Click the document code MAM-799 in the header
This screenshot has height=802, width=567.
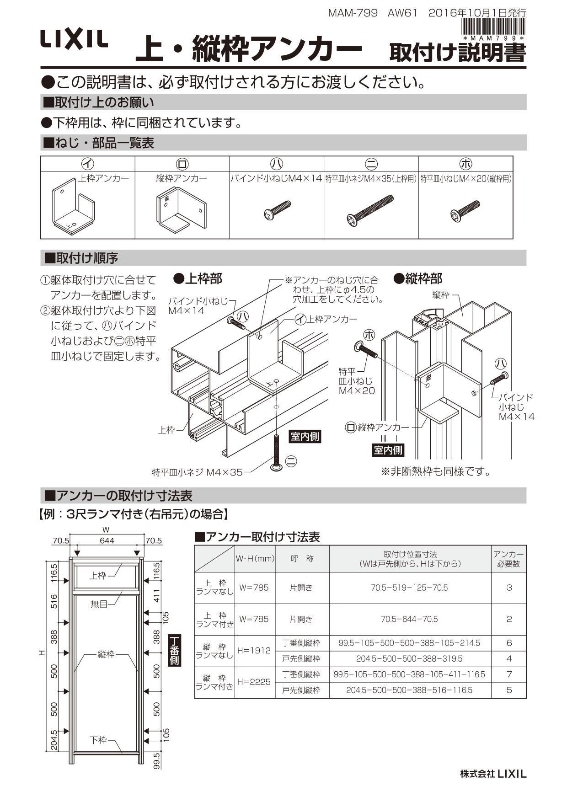[x=353, y=13]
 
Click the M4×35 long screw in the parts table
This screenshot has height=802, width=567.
[x=370, y=212]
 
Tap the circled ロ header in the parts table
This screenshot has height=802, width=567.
[x=182, y=164]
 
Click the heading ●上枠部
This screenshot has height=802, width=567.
[x=198, y=278]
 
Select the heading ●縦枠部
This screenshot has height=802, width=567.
[x=418, y=278]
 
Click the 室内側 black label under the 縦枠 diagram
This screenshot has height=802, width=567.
[x=388, y=450]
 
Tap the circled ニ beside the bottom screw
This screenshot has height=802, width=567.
[x=291, y=461]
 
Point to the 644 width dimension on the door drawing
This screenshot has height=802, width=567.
[x=107, y=540]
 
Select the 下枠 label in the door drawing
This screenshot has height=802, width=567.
[x=98, y=740]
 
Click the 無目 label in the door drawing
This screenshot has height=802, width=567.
[x=99, y=604]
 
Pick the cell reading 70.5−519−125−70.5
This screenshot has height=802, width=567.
[x=409, y=588]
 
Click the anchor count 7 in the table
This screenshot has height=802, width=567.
[x=509, y=674]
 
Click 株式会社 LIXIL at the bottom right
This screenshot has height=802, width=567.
[x=493, y=774]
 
